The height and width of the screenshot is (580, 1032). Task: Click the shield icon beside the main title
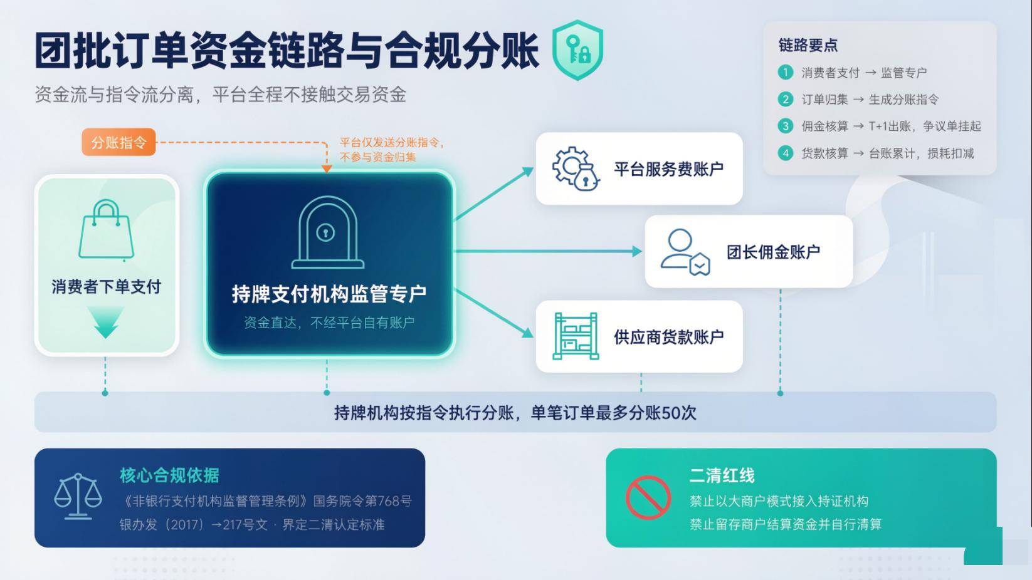pos(577,49)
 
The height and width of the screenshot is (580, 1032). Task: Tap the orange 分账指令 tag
pos(118,142)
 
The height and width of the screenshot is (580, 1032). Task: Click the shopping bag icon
pos(107,229)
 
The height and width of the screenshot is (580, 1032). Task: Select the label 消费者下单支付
pos(107,287)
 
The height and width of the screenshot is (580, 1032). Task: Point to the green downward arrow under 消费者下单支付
pos(106,322)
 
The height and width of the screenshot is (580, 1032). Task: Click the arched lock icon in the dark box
pos(327,232)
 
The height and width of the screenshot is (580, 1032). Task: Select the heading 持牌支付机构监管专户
pos(329,294)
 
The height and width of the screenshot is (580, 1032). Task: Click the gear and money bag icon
pos(576,168)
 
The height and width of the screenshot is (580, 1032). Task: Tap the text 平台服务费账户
pos(668,169)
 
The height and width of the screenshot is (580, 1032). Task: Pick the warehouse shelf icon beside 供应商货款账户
pos(576,336)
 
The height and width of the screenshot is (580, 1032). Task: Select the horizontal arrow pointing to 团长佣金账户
pos(548,251)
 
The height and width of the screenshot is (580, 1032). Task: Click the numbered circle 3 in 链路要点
pos(786,126)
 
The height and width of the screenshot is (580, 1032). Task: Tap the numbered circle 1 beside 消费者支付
pos(786,72)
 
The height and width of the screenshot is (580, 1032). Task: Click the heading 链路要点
pos(808,45)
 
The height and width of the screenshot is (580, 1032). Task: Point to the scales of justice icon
pos(78,496)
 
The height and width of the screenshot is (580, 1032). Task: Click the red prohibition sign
pos(648,497)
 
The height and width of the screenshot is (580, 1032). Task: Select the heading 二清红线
pos(722,475)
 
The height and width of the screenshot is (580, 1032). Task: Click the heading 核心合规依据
pos(169,475)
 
